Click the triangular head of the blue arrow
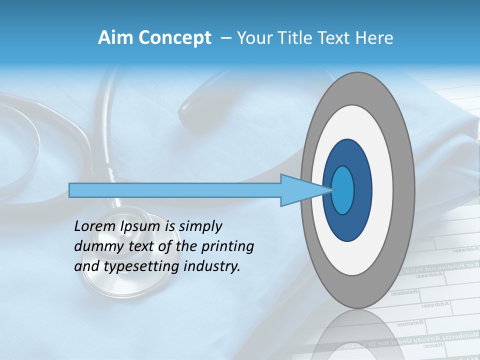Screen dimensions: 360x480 coord(300,190)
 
